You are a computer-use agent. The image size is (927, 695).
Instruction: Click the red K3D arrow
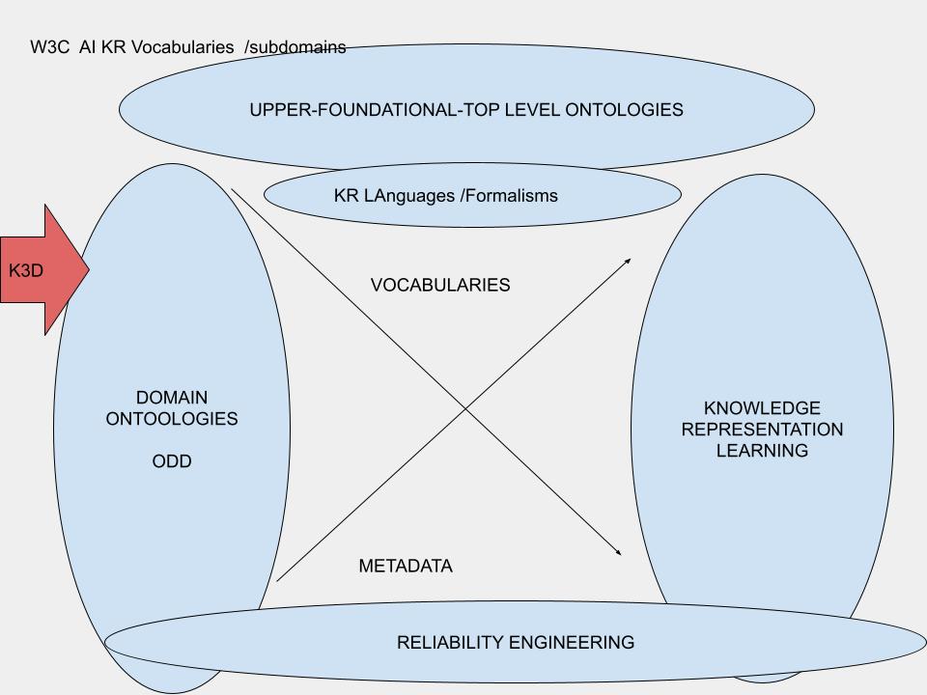point(39,270)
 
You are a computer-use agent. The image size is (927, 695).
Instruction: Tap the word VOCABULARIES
point(440,286)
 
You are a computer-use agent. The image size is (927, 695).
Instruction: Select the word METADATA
point(406,567)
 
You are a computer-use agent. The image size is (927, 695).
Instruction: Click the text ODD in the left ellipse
point(172,461)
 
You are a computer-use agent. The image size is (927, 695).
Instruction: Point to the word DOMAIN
point(172,398)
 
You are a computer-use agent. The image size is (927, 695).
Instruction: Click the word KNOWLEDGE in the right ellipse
point(762,408)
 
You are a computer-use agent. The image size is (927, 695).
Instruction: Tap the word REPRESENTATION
point(762,430)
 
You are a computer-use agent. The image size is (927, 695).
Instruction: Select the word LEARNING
point(762,451)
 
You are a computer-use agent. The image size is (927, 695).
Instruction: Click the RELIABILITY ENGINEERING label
point(516,642)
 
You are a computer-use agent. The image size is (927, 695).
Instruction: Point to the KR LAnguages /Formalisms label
point(446,196)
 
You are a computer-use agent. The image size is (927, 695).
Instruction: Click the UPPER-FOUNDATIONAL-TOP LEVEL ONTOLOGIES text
point(466,110)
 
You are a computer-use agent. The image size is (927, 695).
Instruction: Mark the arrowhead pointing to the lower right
point(618,553)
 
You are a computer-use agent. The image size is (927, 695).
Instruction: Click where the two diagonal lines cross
point(467,408)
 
